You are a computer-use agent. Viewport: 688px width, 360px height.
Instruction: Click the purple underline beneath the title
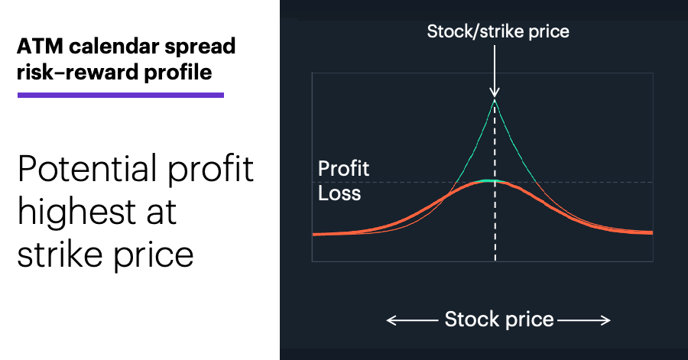tap(121, 95)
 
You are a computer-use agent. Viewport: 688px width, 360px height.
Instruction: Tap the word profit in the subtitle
tap(211, 170)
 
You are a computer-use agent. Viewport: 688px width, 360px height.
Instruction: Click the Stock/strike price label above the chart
tap(498, 31)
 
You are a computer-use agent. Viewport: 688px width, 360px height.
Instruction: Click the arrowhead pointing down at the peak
tap(495, 92)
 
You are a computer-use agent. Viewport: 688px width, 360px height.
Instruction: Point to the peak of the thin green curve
tap(495, 100)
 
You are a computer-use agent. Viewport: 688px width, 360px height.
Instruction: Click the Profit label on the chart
tap(343, 169)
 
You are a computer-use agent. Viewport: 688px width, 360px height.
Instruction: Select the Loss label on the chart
tap(339, 193)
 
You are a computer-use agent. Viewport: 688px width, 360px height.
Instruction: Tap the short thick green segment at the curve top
tap(495, 180)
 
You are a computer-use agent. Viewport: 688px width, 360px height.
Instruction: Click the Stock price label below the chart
tap(499, 319)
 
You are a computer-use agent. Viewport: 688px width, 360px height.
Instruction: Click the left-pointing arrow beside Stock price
tap(413, 321)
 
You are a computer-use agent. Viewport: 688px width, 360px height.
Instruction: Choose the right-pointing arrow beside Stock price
tap(584, 321)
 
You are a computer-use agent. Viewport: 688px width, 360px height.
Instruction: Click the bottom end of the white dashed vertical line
tap(495, 261)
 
